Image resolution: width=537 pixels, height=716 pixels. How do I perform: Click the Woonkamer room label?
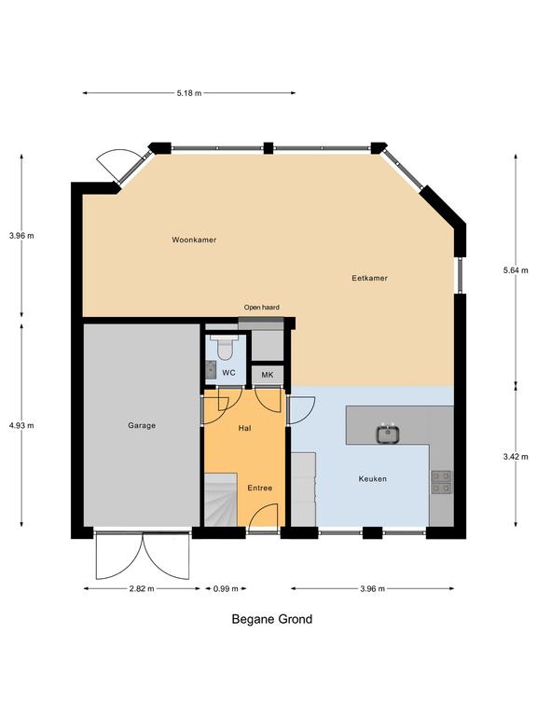pos(194,240)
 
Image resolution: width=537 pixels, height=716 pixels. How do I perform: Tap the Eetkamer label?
pos(369,278)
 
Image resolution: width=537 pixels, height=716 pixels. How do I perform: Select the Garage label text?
pos(142,425)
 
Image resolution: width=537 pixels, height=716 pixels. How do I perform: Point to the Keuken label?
pos(373,479)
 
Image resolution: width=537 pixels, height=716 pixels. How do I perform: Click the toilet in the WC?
pos(224,348)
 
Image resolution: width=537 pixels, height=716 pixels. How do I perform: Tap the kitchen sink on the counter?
pos(389,434)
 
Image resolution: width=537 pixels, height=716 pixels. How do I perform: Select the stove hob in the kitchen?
pos(442,482)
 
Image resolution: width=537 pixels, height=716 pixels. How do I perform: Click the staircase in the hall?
pos(221,500)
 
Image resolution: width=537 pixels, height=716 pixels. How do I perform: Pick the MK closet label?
pos(268,375)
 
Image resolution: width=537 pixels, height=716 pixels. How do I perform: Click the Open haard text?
pos(262,308)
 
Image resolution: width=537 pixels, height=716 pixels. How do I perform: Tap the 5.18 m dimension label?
pos(189,93)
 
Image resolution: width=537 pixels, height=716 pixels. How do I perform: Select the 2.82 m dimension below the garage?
pos(142,588)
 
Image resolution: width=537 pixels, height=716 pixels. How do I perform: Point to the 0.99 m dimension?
pos(226,588)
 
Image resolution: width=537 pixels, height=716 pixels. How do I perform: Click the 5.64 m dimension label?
pos(516,270)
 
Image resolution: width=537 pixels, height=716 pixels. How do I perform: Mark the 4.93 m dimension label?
pos(21,425)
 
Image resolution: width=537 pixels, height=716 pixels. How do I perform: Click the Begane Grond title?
pos(272,620)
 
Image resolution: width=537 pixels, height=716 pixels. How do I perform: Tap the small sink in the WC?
pos(211,369)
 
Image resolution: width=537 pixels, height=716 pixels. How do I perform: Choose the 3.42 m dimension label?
pos(516,457)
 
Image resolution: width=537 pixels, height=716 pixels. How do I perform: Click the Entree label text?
pos(260,489)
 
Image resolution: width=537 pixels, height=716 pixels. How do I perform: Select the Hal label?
pos(245,428)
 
